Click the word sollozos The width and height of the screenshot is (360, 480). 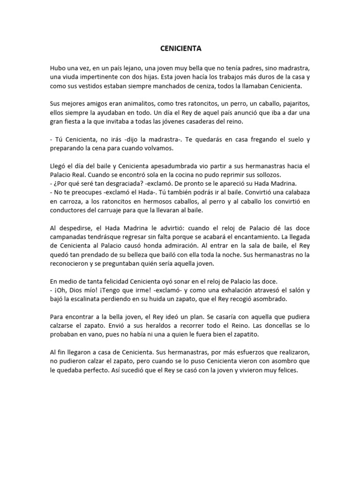[x=264, y=174]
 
